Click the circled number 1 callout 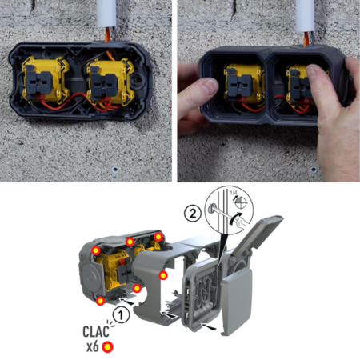coord(121,315)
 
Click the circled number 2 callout coord(193,213)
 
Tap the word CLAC coord(96,331)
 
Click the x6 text coord(93,346)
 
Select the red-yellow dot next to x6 coord(107,347)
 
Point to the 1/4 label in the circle coord(234,192)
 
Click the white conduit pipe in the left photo coord(106,14)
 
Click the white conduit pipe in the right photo coord(306,14)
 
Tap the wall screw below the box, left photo coord(115,169)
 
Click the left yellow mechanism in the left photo coord(45,80)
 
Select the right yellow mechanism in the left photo coord(110,82)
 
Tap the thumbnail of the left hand coord(210,86)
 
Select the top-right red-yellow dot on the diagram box coord(158,237)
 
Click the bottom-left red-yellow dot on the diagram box coord(101,301)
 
